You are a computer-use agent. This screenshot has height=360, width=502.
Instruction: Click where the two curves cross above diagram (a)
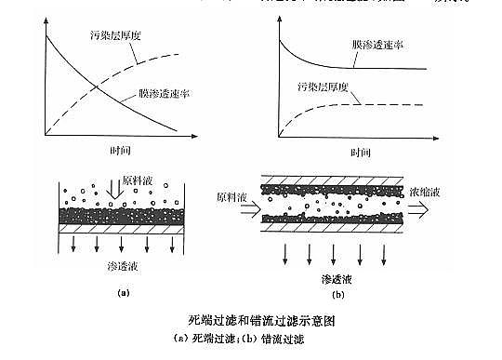98,87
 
